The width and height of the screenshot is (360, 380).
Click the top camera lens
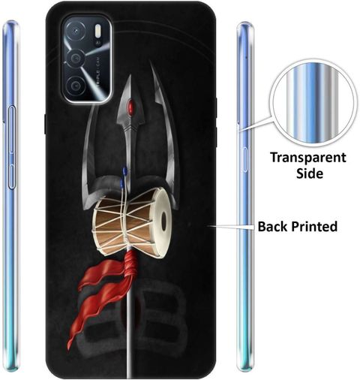pyautogui.click(x=76, y=32)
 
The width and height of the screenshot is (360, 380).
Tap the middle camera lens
pyautogui.click(x=75, y=59)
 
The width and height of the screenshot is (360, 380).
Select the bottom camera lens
pyautogui.click(x=75, y=86)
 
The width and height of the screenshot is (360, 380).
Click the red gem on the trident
pyautogui.click(x=130, y=107)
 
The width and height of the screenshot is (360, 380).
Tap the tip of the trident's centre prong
pyautogui.click(x=130, y=75)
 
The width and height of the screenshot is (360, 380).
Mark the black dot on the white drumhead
pyautogui.click(x=163, y=220)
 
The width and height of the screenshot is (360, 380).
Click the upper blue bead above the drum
pyautogui.click(x=124, y=170)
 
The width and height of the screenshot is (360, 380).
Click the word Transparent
pyautogui.click(x=308, y=158)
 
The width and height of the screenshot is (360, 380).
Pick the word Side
pyautogui.click(x=310, y=173)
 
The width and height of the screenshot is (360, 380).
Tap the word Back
pyautogui.click(x=273, y=226)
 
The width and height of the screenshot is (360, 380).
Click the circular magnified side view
pyautogui.click(x=313, y=106)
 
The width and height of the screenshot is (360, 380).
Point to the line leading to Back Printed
pyautogui.click(x=231, y=227)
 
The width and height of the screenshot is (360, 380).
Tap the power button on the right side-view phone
pyautogui.click(x=245, y=160)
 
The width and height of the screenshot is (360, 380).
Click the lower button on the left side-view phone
pyautogui.click(x=12, y=176)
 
